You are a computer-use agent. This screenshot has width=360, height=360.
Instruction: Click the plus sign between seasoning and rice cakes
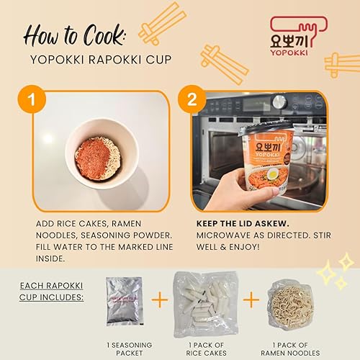[158, 300]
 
